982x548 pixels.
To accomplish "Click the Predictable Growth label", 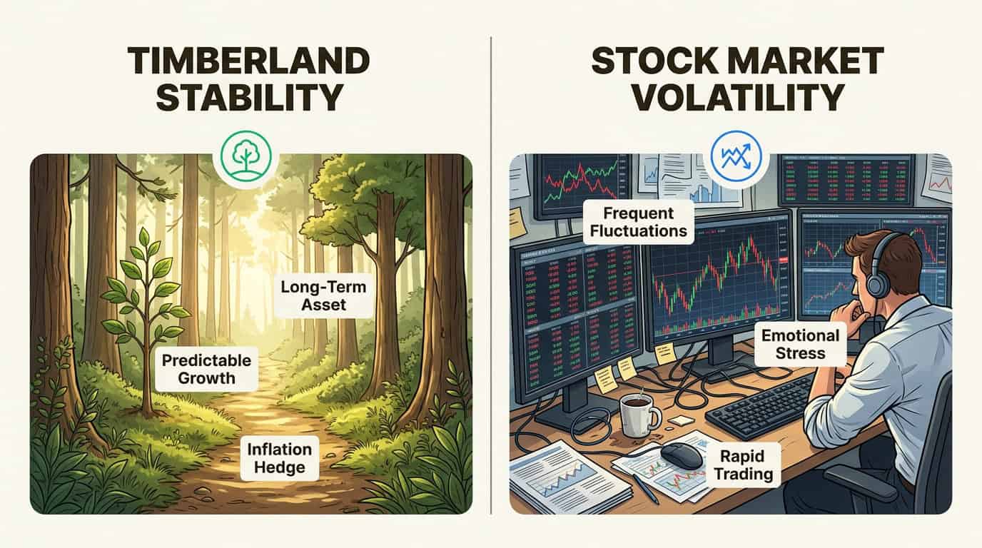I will click(206, 369).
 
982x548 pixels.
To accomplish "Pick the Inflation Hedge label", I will click(280, 459).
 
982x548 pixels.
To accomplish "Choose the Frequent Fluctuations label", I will click(638, 222).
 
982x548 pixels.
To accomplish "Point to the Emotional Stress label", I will click(800, 344).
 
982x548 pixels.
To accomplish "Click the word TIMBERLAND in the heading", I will click(248, 62).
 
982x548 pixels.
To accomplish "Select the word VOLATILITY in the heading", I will click(737, 97).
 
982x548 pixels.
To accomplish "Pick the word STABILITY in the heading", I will click(248, 97).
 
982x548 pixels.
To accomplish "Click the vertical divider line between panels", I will click(491, 285).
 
